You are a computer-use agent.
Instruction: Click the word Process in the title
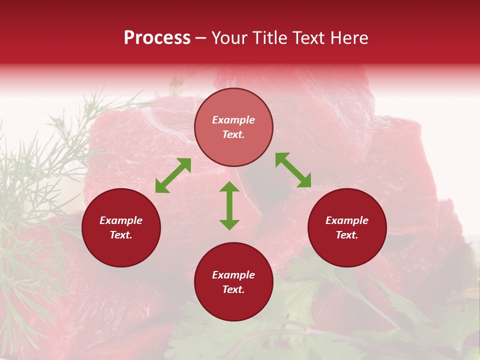(157, 38)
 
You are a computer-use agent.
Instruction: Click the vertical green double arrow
(229, 205)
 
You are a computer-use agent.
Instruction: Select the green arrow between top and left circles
(173, 175)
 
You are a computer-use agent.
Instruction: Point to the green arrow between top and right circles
(293, 170)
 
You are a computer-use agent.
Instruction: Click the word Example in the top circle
(233, 120)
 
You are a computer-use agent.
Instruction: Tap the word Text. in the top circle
(233, 134)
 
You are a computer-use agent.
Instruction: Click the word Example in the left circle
(121, 220)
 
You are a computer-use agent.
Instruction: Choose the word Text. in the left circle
(121, 235)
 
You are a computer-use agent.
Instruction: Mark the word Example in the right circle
(347, 220)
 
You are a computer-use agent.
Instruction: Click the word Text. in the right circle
(347, 235)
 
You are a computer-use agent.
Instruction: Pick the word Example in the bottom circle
(233, 275)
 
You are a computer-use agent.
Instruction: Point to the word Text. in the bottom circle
(233, 289)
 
